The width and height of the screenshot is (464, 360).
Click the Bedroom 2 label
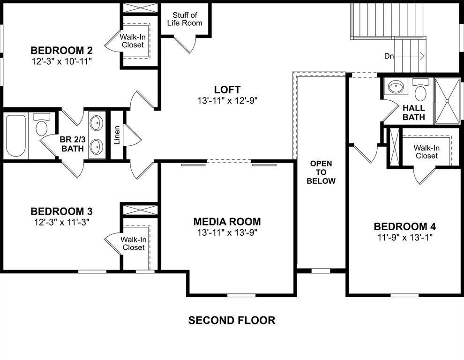(61, 51)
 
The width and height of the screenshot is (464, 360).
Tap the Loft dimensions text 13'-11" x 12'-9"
(228, 100)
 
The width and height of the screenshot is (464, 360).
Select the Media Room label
(227, 222)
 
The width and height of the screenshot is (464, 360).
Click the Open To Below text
(321, 172)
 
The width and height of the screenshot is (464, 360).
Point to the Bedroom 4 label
(405, 226)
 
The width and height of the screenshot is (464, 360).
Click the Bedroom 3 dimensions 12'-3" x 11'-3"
(61, 222)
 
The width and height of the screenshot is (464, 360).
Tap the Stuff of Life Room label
(185, 19)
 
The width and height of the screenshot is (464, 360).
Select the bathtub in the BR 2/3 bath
(15, 135)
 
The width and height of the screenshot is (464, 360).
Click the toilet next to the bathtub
(42, 126)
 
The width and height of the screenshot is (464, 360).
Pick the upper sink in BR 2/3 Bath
(97, 124)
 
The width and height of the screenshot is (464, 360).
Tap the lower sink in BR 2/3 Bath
(97, 146)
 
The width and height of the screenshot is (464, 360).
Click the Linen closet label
(117, 135)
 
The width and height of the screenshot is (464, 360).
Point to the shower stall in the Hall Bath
(447, 100)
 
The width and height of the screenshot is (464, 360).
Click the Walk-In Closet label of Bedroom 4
(426, 151)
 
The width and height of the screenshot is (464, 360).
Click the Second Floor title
(232, 321)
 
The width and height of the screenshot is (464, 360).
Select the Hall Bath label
(413, 112)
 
